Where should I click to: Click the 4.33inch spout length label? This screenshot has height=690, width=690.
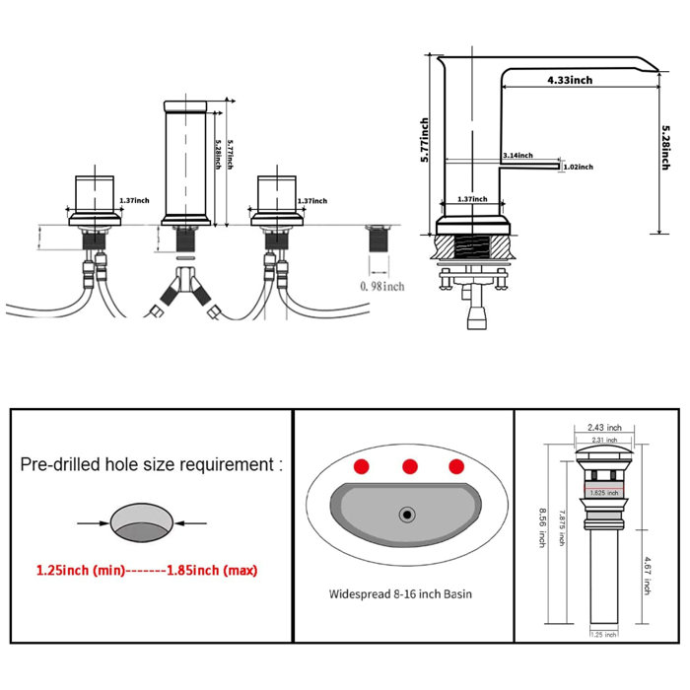(x=569, y=80)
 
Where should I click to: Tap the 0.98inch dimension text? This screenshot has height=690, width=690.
(x=381, y=286)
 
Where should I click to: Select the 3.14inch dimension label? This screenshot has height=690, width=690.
(x=517, y=156)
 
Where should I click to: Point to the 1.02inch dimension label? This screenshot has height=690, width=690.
(x=579, y=167)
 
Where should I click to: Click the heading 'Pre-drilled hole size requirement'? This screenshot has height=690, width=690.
(x=151, y=464)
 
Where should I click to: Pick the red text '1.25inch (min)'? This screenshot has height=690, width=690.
(x=80, y=570)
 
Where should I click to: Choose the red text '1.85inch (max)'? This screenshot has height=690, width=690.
(x=222, y=570)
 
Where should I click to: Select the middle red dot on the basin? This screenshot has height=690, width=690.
(x=410, y=465)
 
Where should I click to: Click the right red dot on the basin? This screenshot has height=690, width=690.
(x=455, y=465)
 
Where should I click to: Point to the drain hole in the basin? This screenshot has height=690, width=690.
(x=405, y=514)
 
